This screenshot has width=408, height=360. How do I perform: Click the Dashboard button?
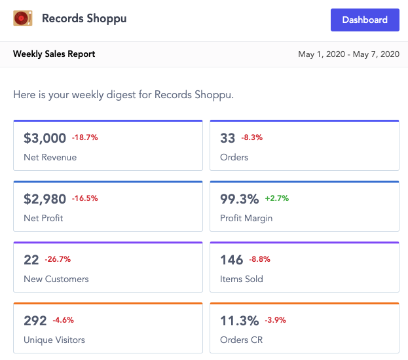tap(365, 20)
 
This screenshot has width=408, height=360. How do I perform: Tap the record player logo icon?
tap(23, 18)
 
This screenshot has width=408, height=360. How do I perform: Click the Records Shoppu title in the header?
tap(84, 19)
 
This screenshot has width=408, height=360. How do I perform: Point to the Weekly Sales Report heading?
tap(54, 54)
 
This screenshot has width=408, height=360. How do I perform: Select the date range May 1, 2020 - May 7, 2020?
tap(348, 54)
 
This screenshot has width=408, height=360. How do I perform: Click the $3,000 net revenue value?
tap(45, 138)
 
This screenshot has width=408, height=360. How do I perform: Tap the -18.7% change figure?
tap(85, 137)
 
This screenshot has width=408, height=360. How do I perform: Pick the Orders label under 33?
tap(234, 157)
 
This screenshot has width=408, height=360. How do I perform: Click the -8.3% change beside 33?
tap(252, 137)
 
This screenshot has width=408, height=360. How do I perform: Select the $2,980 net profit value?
tap(45, 199)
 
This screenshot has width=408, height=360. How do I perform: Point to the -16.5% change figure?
tap(85, 198)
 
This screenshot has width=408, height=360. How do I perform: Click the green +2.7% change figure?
tap(277, 198)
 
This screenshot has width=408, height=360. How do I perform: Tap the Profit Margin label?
tap(246, 219)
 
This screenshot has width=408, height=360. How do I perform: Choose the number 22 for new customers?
tap(31, 260)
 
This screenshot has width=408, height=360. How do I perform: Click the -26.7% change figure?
tap(58, 259)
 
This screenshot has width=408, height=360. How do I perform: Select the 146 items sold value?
tap(232, 260)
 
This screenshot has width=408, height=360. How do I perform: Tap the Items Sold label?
tap(242, 279)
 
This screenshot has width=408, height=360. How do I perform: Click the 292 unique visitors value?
tap(35, 321)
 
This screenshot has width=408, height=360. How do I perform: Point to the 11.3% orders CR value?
tap(240, 321)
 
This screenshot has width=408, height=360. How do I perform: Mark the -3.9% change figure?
tap(276, 320)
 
